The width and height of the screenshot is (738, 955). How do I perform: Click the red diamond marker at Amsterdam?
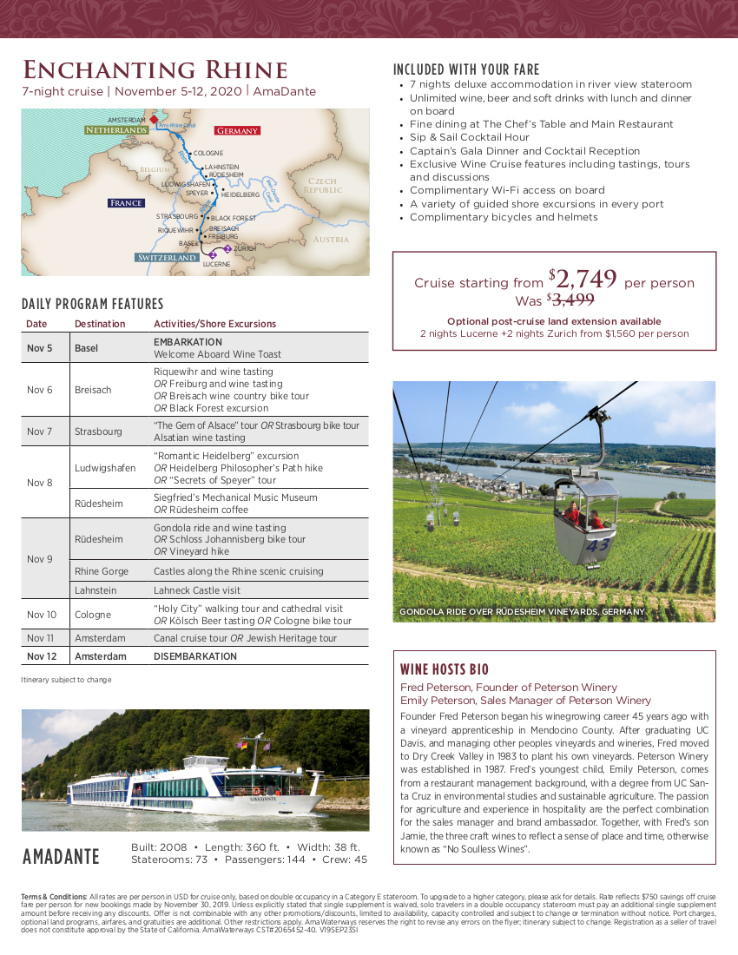tap(153, 120)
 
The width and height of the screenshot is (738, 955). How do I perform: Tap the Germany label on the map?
tap(237, 130)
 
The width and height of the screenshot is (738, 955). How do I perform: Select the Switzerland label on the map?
tap(167, 258)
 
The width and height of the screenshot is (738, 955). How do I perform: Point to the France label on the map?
tap(126, 203)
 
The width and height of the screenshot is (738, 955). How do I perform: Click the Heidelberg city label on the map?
tap(241, 194)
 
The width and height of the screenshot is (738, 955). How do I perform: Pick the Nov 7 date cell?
tap(40, 431)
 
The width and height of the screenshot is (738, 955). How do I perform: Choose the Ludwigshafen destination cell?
tap(105, 468)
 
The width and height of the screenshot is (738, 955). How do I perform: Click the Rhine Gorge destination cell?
tap(102, 571)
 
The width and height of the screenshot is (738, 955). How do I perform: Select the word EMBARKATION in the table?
tap(188, 342)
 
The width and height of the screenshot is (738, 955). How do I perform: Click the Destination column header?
tap(100, 324)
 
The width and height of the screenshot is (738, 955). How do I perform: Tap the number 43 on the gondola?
tap(598, 545)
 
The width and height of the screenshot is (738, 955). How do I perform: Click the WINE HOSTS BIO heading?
tap(445, 669)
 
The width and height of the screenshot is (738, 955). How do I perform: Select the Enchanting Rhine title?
tap(155, 70)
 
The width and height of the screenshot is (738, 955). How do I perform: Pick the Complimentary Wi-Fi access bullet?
tap(507, 190)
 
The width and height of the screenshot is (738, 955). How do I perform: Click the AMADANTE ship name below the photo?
tap(62, 857)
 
